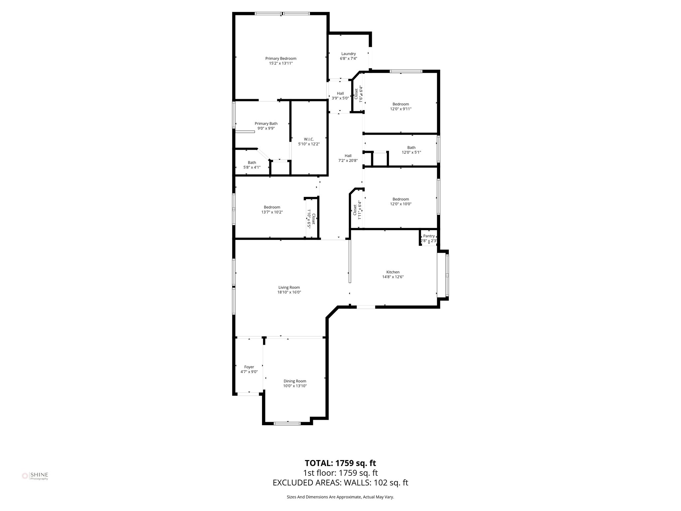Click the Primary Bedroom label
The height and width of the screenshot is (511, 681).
(281, 59)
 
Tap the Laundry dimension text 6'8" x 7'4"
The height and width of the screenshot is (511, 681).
(348, 59)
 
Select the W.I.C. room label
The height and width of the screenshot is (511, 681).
(309, 139)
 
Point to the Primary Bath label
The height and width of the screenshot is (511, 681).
(266, 123)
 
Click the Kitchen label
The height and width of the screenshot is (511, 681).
(393, 272)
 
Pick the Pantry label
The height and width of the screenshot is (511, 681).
(429, 236)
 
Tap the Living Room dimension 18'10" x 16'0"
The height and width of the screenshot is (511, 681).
(289, 292)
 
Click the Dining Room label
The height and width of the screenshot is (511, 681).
(295, 381)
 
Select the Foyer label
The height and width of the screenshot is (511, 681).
(249, 367)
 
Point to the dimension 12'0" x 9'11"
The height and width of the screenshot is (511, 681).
(400, 109)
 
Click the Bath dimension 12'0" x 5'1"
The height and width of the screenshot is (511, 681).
(411, 152)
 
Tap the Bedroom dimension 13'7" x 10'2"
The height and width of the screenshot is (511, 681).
(272, 212)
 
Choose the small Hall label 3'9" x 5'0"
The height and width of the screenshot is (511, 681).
(340, 93)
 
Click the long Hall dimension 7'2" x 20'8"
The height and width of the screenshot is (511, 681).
(348, 160)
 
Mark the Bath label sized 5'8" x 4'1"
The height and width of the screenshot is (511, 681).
(252, 163)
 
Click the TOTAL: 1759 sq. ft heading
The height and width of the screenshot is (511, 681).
(340, 463)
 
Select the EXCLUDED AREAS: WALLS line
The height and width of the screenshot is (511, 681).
(340, 483)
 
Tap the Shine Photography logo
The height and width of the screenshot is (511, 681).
(35, 476)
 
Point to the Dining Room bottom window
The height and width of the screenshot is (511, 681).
(287, 424)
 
